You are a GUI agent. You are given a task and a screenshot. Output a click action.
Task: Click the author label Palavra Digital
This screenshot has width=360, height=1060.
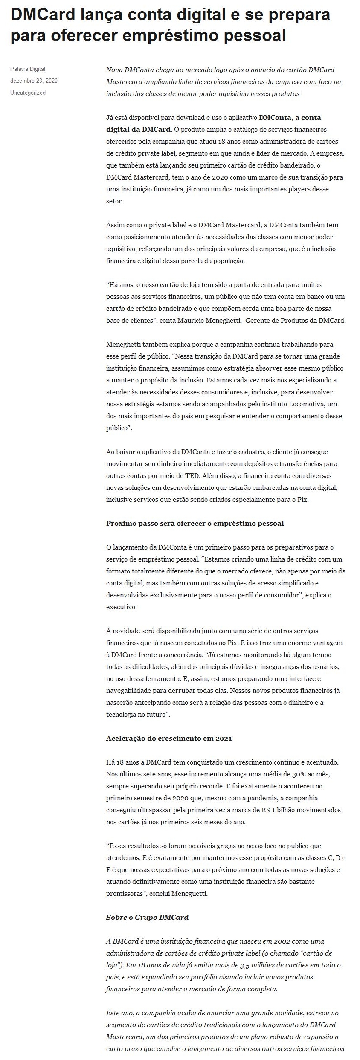[x=28, y=69]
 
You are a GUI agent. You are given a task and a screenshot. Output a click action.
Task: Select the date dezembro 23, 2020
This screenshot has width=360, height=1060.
[x=34, y=81]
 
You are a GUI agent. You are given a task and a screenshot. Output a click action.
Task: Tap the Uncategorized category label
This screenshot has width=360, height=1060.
[x=28, y=93]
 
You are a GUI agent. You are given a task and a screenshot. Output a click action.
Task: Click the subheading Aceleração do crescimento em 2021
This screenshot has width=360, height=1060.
[x=169, y=738]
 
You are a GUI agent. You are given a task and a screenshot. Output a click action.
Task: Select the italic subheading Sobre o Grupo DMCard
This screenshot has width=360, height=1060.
[x=147, y=917]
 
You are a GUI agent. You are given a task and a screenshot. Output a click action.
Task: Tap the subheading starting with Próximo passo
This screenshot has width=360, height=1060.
[x=195, y=523]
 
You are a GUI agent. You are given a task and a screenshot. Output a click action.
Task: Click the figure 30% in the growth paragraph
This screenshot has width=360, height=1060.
[x=298, y=774]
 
